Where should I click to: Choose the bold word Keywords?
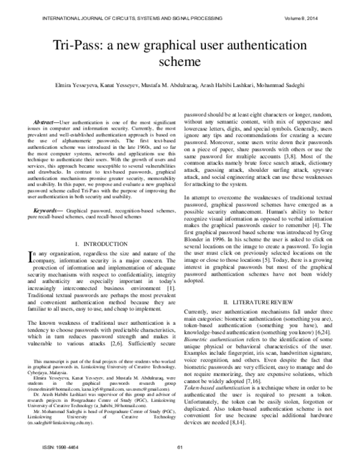click(x=47, y=194)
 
